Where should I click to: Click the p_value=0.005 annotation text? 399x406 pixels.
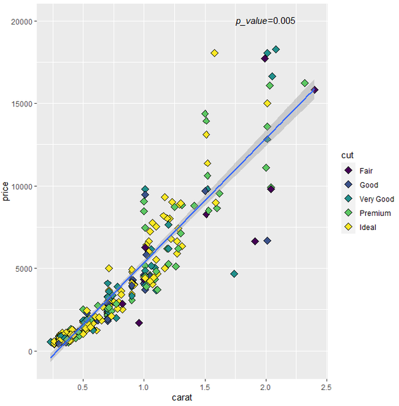pyautogui.click(x=265, y=21)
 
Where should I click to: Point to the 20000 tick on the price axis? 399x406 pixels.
pyautogui.click(x=24, y=21)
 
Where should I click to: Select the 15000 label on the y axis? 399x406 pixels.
pyautogui.click(x=24, y=104)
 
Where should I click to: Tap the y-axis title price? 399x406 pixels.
pyautogui.click(x=6, y=194)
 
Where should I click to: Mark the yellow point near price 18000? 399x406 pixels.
pyautogui.click(x=214, y=53)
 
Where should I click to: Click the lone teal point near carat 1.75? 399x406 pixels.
pyautogui.click(x=234, y=274)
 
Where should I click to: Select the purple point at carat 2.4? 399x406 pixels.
pyautogui.click(x=315, y=90)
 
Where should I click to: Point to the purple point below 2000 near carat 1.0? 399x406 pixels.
pyautogui.click(x=139, y=323)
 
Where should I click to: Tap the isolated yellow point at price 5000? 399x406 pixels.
pyautogui.click(x=109, y=268)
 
